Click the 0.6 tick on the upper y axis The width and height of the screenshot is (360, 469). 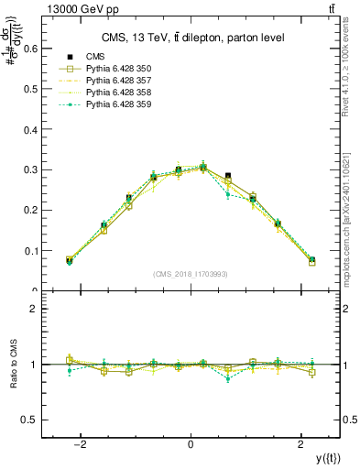43,49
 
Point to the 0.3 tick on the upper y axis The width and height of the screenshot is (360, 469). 43,170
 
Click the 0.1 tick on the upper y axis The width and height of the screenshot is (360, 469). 43,251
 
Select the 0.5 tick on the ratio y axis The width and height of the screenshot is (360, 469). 43,420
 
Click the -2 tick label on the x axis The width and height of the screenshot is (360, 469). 81,444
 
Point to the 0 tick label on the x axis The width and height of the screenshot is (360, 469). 190,444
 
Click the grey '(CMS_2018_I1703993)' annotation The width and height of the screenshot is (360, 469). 191,274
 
